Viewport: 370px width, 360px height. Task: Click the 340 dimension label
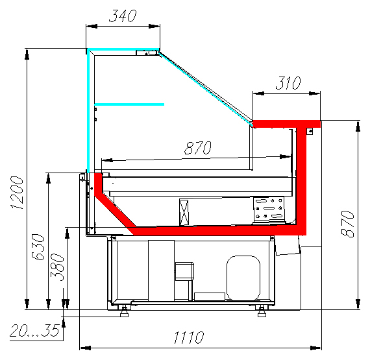pos(123,16)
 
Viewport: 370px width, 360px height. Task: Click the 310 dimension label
pos(288,83)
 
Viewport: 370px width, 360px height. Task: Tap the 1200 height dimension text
pos(18,193)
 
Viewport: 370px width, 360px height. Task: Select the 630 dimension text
pos(38,247)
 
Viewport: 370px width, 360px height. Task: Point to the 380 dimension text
pos(57,267)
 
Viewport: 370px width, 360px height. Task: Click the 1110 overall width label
pos(189,337)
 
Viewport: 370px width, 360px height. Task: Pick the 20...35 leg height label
pos(34,331)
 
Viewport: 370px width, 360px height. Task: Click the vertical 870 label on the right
pos(347,224)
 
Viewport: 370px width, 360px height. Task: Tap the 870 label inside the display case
pos(198,148)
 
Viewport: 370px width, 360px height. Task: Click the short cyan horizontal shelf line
pos(129,104)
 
